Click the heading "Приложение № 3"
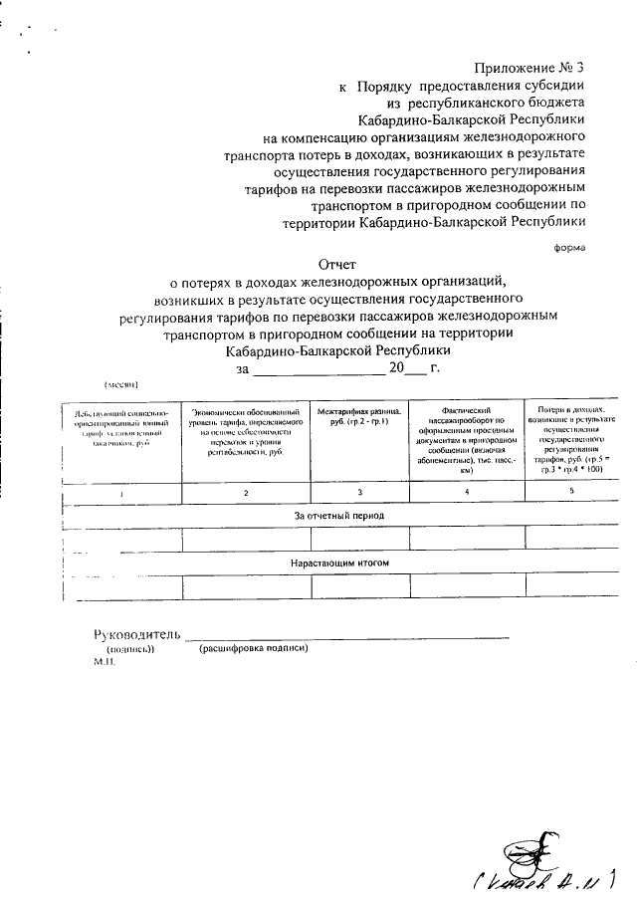[x=528, y=69]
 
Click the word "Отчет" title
[x=335, y=264]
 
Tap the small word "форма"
[x=569, y=246]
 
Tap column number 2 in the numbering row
[x=246, y=494]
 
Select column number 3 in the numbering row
[x=359, y=494]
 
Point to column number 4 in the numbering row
[x=466, y=494]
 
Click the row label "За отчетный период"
[x=338, y=517]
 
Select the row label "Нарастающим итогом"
[x=338, y=563]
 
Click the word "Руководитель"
[x=136, y=634]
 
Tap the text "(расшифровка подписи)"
[x=254, y=649]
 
